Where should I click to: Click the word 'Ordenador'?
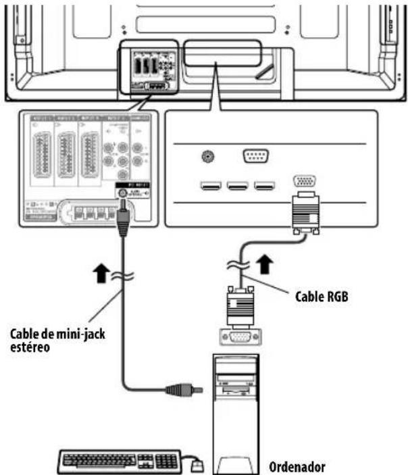[297, 466]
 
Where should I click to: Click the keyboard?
[119, 461]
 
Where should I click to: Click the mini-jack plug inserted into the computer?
[180, 389]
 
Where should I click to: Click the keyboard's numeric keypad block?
[166, 461]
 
